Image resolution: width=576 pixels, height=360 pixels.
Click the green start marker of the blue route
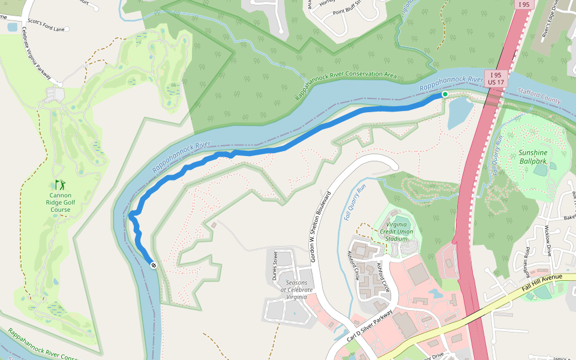[x=445, y=94]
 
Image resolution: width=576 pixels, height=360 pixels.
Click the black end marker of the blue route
[x=154, y=265]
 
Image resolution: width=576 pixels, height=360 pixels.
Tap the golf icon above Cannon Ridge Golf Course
[x=59, y=185]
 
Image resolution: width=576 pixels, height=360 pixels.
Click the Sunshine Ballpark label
[x=533, y=157]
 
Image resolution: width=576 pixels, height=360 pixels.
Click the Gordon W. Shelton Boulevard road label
[x=320, y=227]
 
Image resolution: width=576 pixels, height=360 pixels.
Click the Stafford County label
[x=539, y=96]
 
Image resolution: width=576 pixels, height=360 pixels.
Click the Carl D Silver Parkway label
[x=370, y=325]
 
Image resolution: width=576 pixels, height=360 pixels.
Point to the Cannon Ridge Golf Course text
[x=60, y=203]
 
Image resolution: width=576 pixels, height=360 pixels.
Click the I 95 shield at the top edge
[x=524, y=4]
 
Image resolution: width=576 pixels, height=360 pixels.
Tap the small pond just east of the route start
[x=459, y=112]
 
